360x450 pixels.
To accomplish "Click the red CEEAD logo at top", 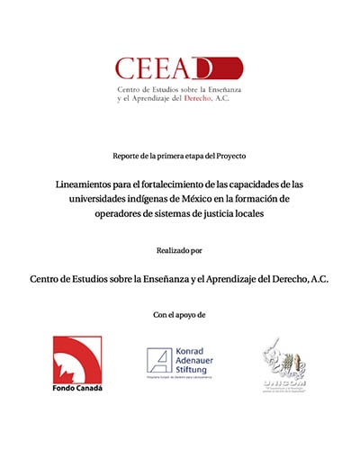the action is pyautogui.click(x=178, y=68).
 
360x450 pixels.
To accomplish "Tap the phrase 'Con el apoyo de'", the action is pyautogui.click(x=179, y=314).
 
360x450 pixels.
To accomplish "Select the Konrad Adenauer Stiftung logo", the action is pyautogui.click(x=179, y=362).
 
